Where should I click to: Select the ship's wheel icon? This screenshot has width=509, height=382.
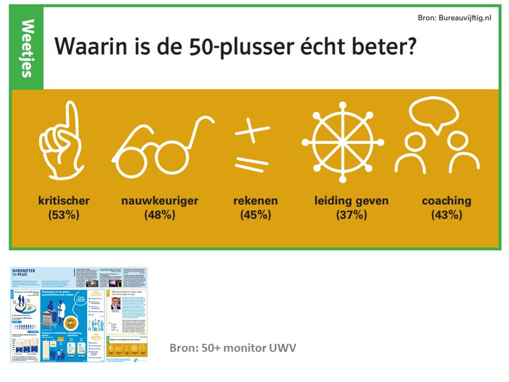[x=343, y=142]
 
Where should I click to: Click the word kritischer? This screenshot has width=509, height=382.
[x=64, y=201]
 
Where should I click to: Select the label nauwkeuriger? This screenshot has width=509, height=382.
[x=160, y=201]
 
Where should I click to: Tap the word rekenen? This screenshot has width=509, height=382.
[x=256, y=201]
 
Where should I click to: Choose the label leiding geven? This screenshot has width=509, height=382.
[x=351, y=201]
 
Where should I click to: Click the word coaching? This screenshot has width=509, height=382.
[x=446, y=201]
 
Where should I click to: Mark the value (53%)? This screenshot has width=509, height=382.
[x=64, y=215]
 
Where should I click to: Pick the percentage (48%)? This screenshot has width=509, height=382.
[x=160, y=215]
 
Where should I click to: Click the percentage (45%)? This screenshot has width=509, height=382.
[x=256, y=215]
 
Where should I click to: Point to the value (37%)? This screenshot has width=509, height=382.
[x=351, y=215]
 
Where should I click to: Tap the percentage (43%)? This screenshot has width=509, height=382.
[x=446, y=215]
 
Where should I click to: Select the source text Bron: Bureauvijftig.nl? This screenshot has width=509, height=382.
[x=454, y=18]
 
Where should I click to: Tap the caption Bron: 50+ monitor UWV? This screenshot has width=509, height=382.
[x=233, y=348]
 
